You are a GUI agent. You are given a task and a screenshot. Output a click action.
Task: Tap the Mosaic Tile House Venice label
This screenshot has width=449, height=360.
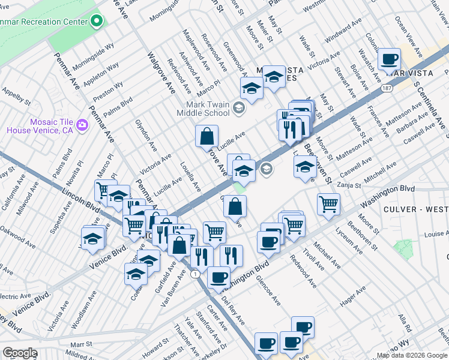(40, 125)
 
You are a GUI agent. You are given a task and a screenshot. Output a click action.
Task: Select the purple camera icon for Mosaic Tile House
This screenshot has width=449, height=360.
(82, 125)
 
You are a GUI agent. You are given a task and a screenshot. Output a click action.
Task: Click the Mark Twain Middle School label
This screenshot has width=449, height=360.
(208, 109)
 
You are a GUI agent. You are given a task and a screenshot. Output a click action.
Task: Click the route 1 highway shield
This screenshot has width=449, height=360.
(194, 274)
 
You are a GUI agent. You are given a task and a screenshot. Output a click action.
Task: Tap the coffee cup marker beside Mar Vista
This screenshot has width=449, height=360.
(390, 59)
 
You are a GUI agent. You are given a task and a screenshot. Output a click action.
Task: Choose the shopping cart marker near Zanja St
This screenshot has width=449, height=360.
(328, 204)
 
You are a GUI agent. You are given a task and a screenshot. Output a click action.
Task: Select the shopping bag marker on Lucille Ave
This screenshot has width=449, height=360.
(206, 136)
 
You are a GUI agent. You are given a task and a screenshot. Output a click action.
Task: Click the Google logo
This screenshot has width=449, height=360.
(20, 353)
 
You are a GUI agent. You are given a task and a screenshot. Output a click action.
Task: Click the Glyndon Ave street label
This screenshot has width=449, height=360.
(146, 138)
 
